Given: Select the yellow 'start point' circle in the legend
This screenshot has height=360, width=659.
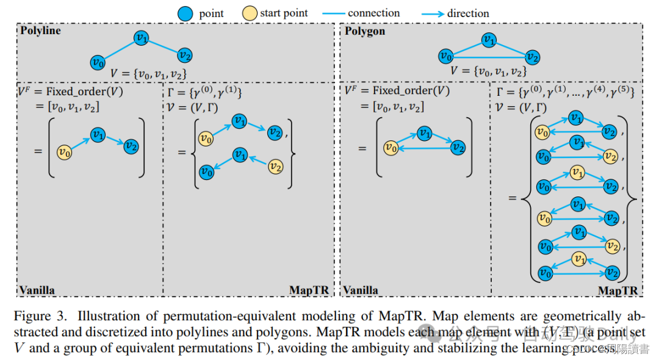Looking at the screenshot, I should coord(250,13).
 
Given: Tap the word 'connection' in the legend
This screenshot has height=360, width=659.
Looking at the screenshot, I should coord(373,13).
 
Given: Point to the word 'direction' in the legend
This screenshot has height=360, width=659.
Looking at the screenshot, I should coord(468,13).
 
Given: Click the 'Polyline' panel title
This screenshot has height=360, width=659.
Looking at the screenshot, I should coord(40,31).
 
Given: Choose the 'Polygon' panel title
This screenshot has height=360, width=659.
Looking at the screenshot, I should coord(365,31).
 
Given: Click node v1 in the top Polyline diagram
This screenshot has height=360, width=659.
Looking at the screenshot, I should coord(142,38).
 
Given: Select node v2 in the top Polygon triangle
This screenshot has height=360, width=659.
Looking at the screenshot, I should coord(533,58).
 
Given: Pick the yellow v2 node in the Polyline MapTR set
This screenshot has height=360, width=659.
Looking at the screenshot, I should coord(276,165).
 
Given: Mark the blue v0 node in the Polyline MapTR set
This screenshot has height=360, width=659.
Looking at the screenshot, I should coord(207,171).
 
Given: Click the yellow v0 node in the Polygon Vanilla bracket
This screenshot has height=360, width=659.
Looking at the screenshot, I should coord(391,147).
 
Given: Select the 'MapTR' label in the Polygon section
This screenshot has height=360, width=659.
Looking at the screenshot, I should coord(618,290).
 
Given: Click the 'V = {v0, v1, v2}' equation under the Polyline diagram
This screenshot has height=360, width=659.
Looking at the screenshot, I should coord(148,73).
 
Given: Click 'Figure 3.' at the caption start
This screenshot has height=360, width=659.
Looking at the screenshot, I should coord(41,317).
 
